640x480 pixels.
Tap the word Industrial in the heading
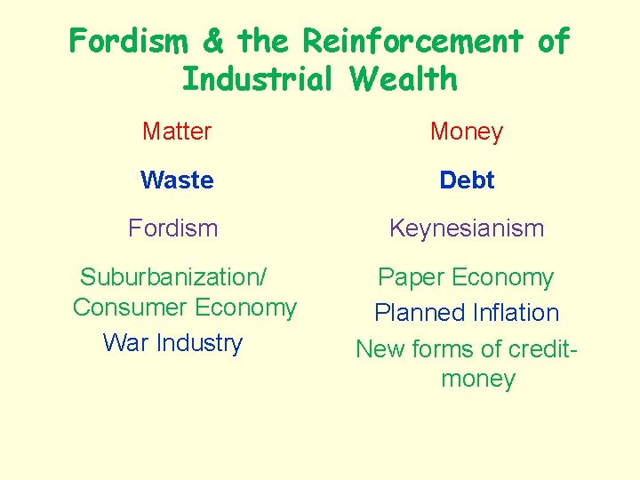point(257,79)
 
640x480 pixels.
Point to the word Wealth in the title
point(404,79)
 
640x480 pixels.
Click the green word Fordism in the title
point(131,41)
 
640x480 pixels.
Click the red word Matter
point(177,132)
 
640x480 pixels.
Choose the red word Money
point(467,132)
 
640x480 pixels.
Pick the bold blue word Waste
point(177,180)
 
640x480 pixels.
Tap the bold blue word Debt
point(467,180)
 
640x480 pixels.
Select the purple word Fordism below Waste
point(173,228)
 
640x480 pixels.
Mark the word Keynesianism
point(467,228)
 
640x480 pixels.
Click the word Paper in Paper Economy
point(412,277)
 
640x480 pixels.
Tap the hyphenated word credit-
point(535,348)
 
